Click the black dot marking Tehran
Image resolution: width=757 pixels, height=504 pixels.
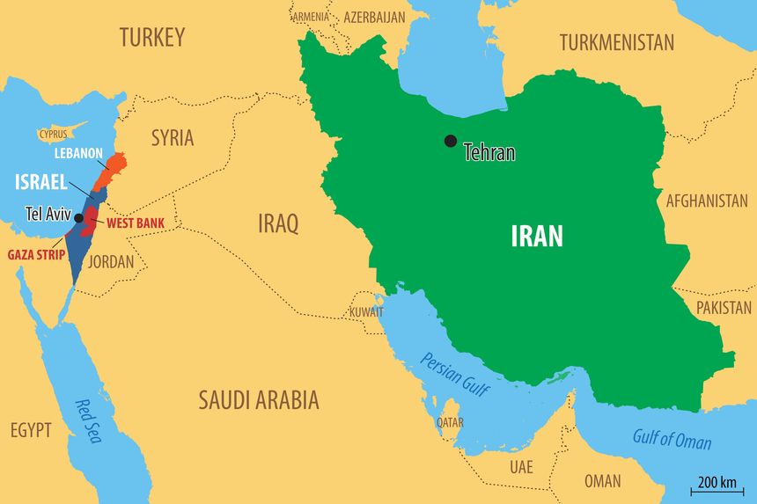click(451, 141)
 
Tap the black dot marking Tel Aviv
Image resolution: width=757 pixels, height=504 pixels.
click(78, 217)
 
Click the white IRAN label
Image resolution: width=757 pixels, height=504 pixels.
click(537, 236)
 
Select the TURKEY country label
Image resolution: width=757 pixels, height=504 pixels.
click(152, 37)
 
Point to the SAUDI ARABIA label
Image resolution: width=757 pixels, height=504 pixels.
click(258, 401)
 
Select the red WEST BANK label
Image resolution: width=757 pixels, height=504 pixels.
click(136, 223)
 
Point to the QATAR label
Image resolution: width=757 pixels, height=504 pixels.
click(450, 423)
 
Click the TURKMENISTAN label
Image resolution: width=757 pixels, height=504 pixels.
click(616, 42)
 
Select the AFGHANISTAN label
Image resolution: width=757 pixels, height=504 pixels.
click(706, 201)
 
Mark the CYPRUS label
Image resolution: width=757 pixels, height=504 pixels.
click(53, 135)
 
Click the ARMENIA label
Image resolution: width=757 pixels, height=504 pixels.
click(311, 17)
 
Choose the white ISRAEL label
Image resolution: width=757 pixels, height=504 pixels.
click(41, 183)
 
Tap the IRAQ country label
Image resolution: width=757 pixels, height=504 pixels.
click(277, 223)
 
